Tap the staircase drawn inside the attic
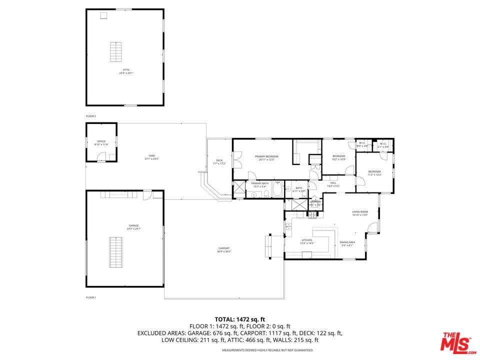coord(116,52)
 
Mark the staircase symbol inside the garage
coord(116,253)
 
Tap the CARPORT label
coord(224,249)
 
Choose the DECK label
coord(219,161)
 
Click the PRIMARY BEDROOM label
coord(268,157)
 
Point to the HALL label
coord(333,184)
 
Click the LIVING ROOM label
coord(360,213)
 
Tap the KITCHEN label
coord(306,241)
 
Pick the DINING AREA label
coord(347,243)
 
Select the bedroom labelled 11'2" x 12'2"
coord(374,172)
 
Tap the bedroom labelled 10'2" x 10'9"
coord(339,157)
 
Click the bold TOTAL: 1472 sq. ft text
coord(239,319)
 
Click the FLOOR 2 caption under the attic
coord(90,116)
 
